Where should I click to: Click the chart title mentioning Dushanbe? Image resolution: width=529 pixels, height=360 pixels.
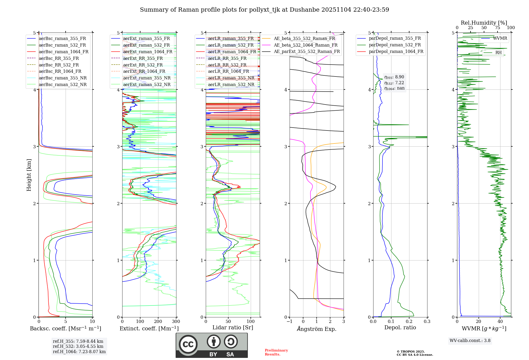[x=264, y=10]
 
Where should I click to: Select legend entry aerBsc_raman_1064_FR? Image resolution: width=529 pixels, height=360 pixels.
[x=63, y=52]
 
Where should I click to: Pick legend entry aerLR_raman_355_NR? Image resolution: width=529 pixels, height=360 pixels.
[x=231, y=78]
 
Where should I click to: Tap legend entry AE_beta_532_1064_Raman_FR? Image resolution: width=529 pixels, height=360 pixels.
[x=305, y=45]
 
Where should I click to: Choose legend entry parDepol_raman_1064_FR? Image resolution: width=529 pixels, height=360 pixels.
[x=396, y=51]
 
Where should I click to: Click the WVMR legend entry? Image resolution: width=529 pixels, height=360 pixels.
[x=500, y=38]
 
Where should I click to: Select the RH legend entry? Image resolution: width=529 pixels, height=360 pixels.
[x=498, y=52]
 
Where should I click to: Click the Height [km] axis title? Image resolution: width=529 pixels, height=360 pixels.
[x=29, y=175]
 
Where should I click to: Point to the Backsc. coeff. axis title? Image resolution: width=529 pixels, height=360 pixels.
[x=66, y=328]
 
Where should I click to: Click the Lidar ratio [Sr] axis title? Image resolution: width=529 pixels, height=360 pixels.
[x=233, y=327]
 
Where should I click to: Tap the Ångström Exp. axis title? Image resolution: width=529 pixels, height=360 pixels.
[x=317, y=329]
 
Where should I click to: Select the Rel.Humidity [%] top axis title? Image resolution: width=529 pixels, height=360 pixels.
[x=484, y=23]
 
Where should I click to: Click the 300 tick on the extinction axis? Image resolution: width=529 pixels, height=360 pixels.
[x=176, y=322]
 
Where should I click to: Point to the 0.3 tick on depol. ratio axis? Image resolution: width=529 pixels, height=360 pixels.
[x=427, y=322]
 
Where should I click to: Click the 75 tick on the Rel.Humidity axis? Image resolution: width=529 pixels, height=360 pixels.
[x=498, y=28]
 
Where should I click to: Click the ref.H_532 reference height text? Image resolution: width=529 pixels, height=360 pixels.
[x=78, y=346]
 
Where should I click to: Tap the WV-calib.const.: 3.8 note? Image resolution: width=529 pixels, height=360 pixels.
[x=470, y=341]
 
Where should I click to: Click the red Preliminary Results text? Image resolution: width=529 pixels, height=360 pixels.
[x=276, y=352]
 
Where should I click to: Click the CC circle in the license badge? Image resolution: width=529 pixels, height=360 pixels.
[x=188, y=344]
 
